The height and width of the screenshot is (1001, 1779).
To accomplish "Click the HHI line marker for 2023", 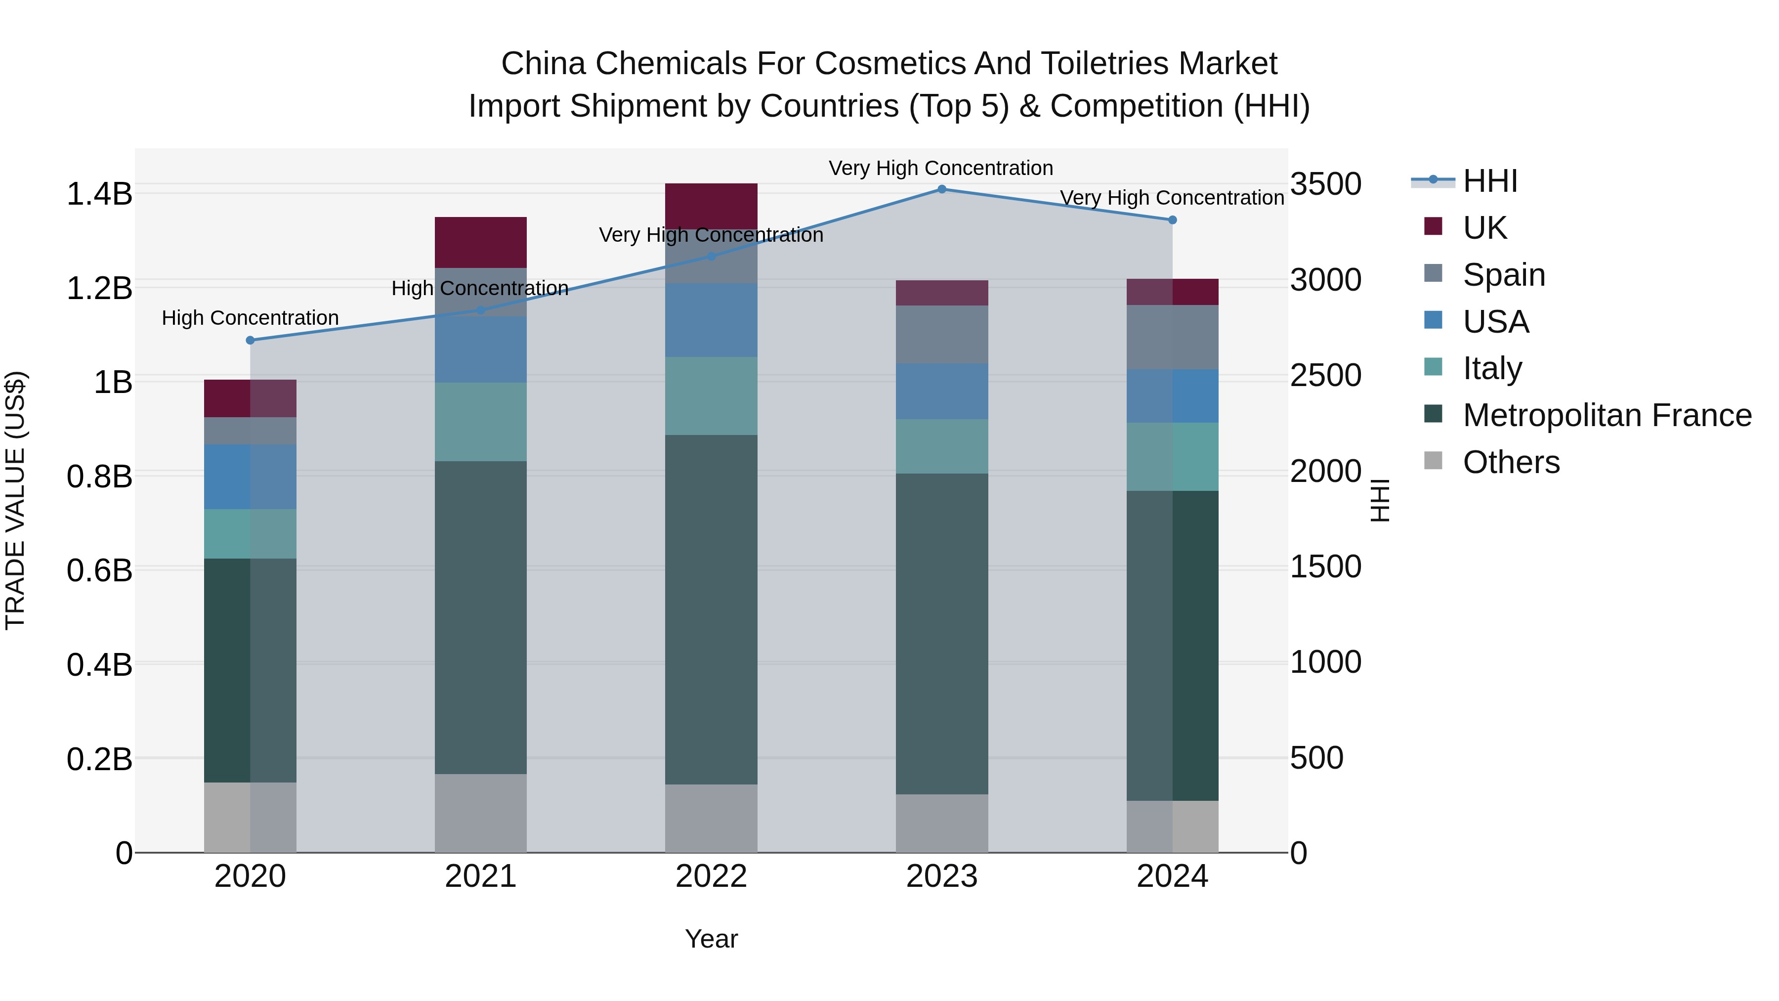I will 941,189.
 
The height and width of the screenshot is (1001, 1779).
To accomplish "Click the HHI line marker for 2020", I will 250,340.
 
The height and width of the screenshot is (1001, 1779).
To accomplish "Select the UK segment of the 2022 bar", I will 711,205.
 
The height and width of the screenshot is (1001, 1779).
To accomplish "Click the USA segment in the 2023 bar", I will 941,391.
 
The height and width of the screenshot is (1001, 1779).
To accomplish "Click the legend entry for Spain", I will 1503,275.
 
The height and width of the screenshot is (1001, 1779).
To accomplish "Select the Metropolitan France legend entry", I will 1607,415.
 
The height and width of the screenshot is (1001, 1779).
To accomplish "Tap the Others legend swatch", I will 1433,461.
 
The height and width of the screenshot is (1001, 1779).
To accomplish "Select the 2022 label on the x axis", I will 711,876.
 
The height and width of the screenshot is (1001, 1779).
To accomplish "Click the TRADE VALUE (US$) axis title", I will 15,500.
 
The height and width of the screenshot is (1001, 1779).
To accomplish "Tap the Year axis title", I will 711,939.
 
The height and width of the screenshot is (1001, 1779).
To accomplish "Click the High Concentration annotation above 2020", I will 250,318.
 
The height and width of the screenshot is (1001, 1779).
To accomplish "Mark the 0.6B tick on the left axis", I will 99,570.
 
